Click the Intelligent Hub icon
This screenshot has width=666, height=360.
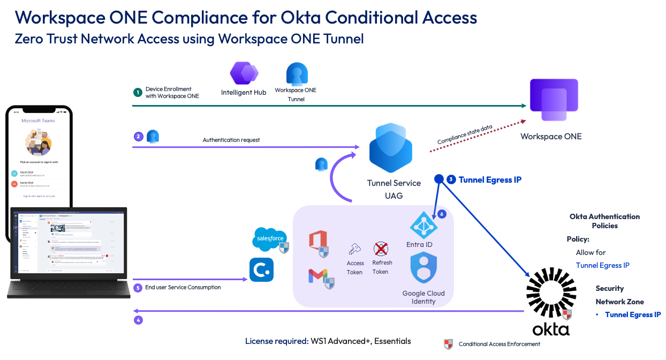coord(244,74)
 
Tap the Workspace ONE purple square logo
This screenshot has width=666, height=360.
coord(554,100)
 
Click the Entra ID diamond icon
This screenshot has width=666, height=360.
coord(423,225)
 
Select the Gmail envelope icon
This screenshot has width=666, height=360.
coord(318,276)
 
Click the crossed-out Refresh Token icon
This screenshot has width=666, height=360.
coord(381,249)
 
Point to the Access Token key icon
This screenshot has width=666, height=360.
coord(354,249)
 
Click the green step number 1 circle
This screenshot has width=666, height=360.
coord(138,92)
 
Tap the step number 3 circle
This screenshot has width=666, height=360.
coord(451,180)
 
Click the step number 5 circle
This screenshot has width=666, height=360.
coord(138,288)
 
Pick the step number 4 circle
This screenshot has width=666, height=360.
coord(138,320)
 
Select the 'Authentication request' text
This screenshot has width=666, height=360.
coord(231,140)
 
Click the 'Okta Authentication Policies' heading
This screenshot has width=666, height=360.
coord(604,221)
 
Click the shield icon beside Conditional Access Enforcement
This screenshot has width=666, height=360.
coord(449,344)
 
